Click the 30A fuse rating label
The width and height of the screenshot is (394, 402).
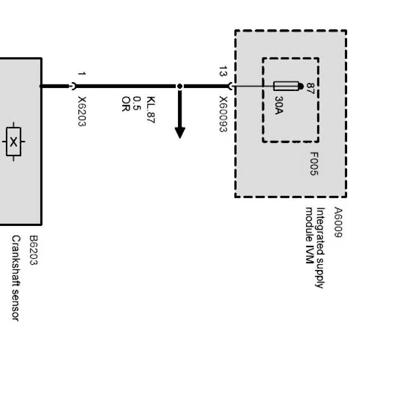pos(278,106)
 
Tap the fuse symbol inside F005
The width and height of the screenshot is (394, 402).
pos(286,86)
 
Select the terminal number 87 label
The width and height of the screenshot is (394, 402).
pos(310,88)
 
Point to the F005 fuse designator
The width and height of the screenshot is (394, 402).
pos(314,163)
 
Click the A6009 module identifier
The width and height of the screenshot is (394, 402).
pos(338,222)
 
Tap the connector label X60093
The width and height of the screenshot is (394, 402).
pos(223,114)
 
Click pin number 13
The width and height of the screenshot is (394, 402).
pos(223,71)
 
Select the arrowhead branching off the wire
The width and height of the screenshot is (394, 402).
pos(180,132)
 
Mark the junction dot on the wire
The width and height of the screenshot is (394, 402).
pos(180,86)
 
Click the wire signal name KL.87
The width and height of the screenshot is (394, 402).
pos(151,110)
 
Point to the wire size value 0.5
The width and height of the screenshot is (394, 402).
pos(137,104)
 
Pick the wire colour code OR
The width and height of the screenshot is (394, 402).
pos(125,105)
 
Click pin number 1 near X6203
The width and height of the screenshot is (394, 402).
pos(82,74)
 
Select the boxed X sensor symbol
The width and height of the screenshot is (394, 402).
pos(13,142)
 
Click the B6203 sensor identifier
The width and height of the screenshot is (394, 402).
pos(33,250)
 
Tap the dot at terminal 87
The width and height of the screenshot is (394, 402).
pos(301,86)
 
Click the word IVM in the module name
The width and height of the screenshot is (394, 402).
pos(309,256)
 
